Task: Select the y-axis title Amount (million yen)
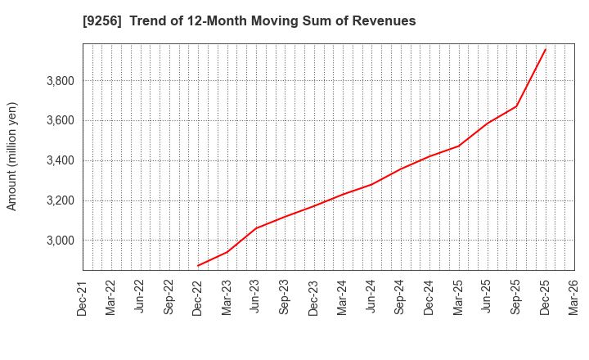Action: [12, 156]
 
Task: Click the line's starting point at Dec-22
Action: [198, 266]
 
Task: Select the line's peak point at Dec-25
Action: [546, 48]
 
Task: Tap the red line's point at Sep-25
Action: [516, 106]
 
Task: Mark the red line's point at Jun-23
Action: [256, 228]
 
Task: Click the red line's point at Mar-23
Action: [227, 251]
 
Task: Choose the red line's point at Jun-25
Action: [488, 124]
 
